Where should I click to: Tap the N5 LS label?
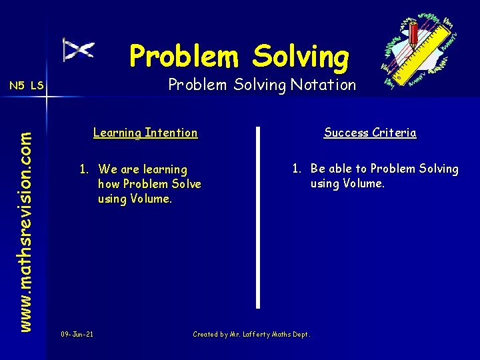26,85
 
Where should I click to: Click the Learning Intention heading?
145,133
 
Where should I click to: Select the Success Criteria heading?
370,133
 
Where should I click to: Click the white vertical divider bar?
258,217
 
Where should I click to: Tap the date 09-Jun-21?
77,334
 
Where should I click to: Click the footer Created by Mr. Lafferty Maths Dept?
251,334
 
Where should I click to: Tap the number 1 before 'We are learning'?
84,169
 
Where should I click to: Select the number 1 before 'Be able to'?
296,169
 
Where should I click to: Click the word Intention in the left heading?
173,133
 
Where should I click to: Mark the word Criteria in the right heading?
394,133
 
